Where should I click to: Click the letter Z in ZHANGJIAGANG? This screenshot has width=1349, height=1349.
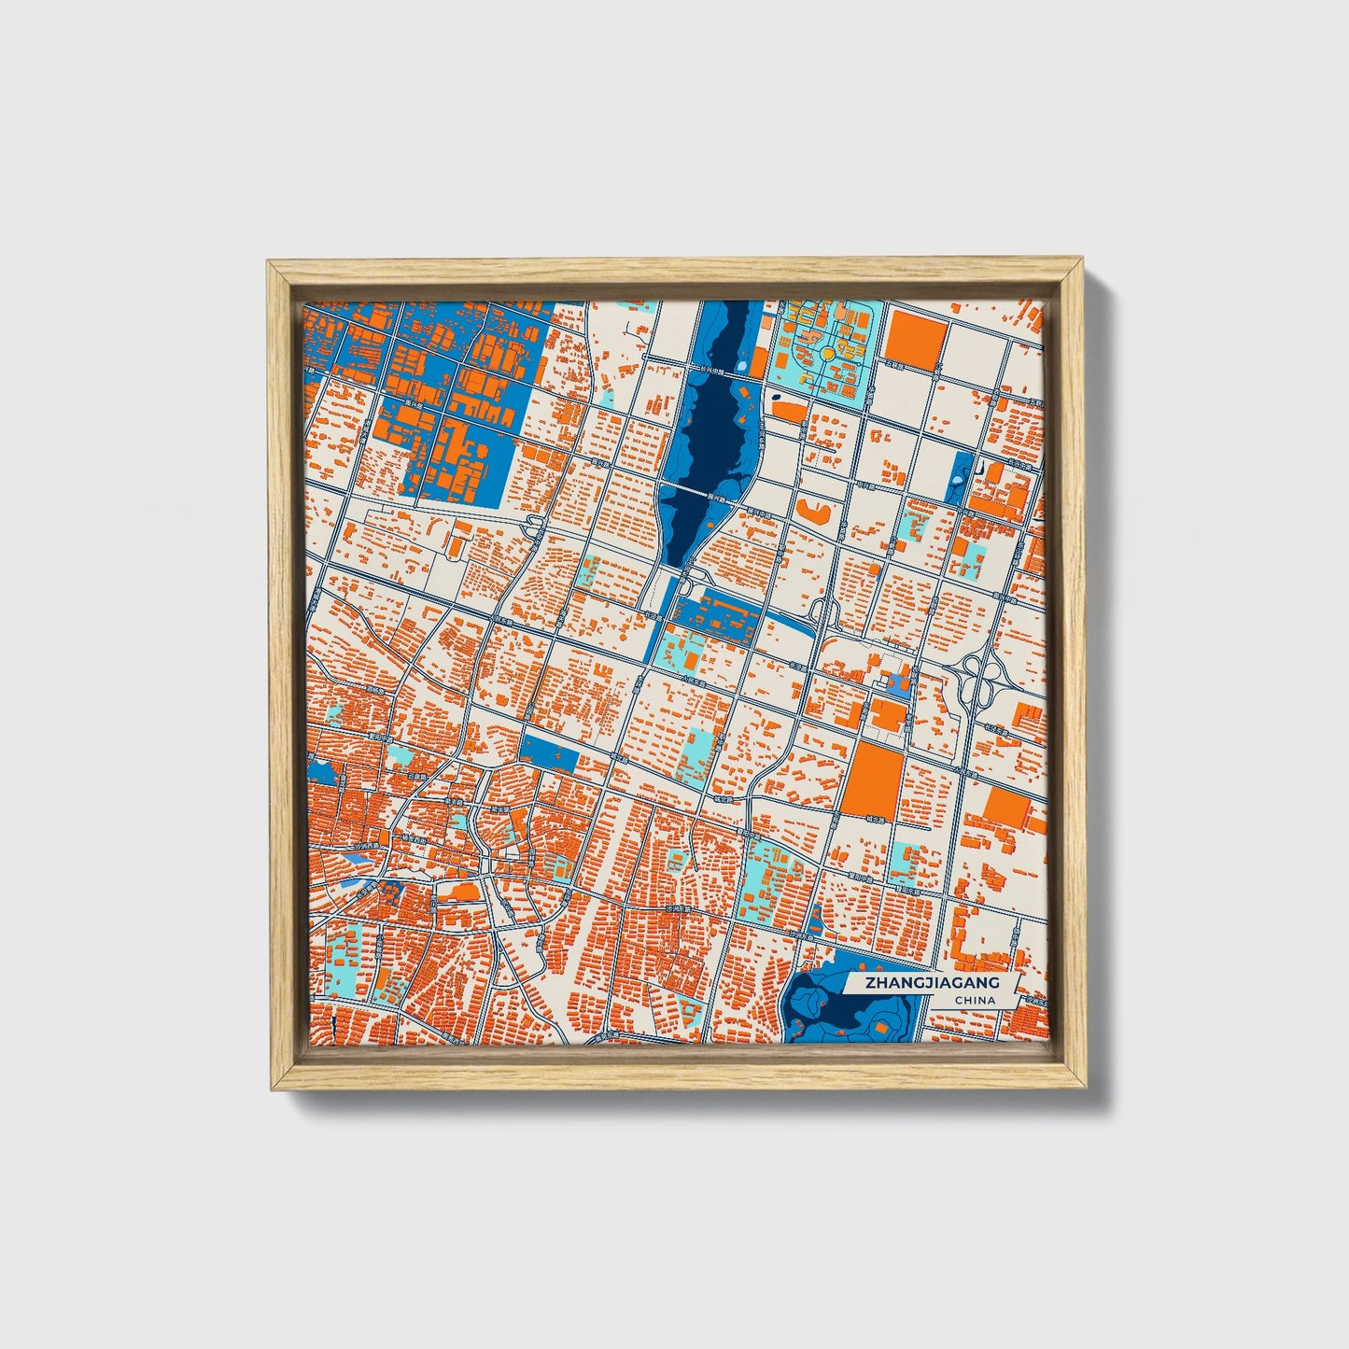click(870, 983)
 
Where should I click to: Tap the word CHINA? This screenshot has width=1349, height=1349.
click(975, 1001)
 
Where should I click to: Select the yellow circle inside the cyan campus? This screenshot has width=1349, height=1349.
click(827, 354)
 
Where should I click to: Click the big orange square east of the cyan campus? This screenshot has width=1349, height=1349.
click(916, 336)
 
